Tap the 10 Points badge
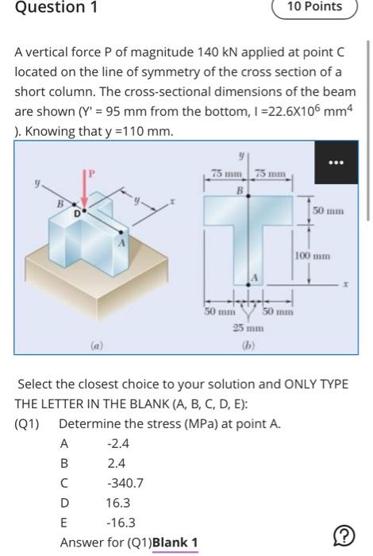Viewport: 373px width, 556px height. click(x=315, y=7)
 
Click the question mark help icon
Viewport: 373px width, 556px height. click(x=343, y=536)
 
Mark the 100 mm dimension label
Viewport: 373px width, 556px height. click(x=311, y=255)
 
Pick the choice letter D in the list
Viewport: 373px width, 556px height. click(x=65, y=503)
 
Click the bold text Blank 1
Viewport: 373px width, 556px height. click(x=175, y=542)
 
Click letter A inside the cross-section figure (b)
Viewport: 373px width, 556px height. click(x=254, y=276)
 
